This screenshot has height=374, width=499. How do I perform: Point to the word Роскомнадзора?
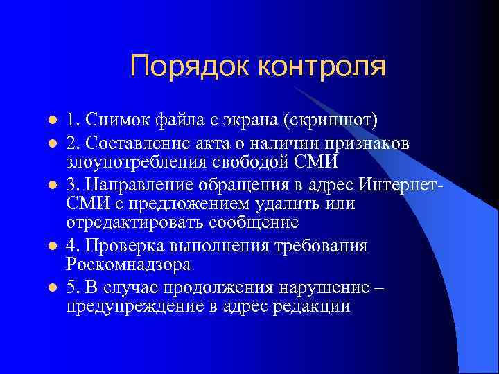(128, 265)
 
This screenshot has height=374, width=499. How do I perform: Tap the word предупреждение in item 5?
(134, 306)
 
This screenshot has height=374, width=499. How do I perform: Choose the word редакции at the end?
(315, 306)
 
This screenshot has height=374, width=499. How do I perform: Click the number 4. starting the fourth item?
(73, 246)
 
